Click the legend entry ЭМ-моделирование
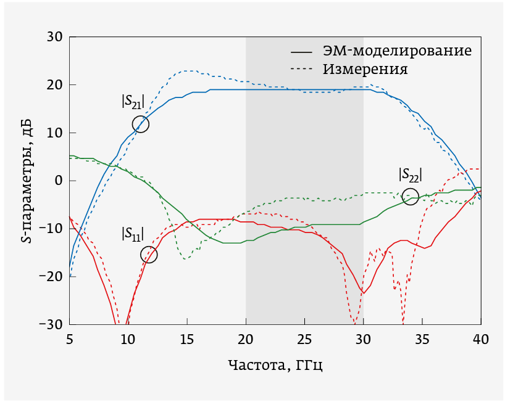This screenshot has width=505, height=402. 398,51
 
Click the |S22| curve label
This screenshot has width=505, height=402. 411,175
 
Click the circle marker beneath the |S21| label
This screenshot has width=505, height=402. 141,124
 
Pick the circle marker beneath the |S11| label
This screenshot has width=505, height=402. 149,254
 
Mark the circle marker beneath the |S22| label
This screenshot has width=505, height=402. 410,197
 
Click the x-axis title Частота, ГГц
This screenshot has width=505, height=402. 275,365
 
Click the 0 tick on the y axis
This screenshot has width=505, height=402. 59,181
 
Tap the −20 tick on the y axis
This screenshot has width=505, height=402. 50,276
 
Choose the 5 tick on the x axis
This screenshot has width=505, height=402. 70,338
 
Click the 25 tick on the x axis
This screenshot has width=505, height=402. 305,338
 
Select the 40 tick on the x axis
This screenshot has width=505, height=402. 481,338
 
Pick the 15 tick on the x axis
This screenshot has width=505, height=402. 187,338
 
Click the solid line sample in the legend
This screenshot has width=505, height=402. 301,51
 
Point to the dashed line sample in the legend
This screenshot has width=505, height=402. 301,68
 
